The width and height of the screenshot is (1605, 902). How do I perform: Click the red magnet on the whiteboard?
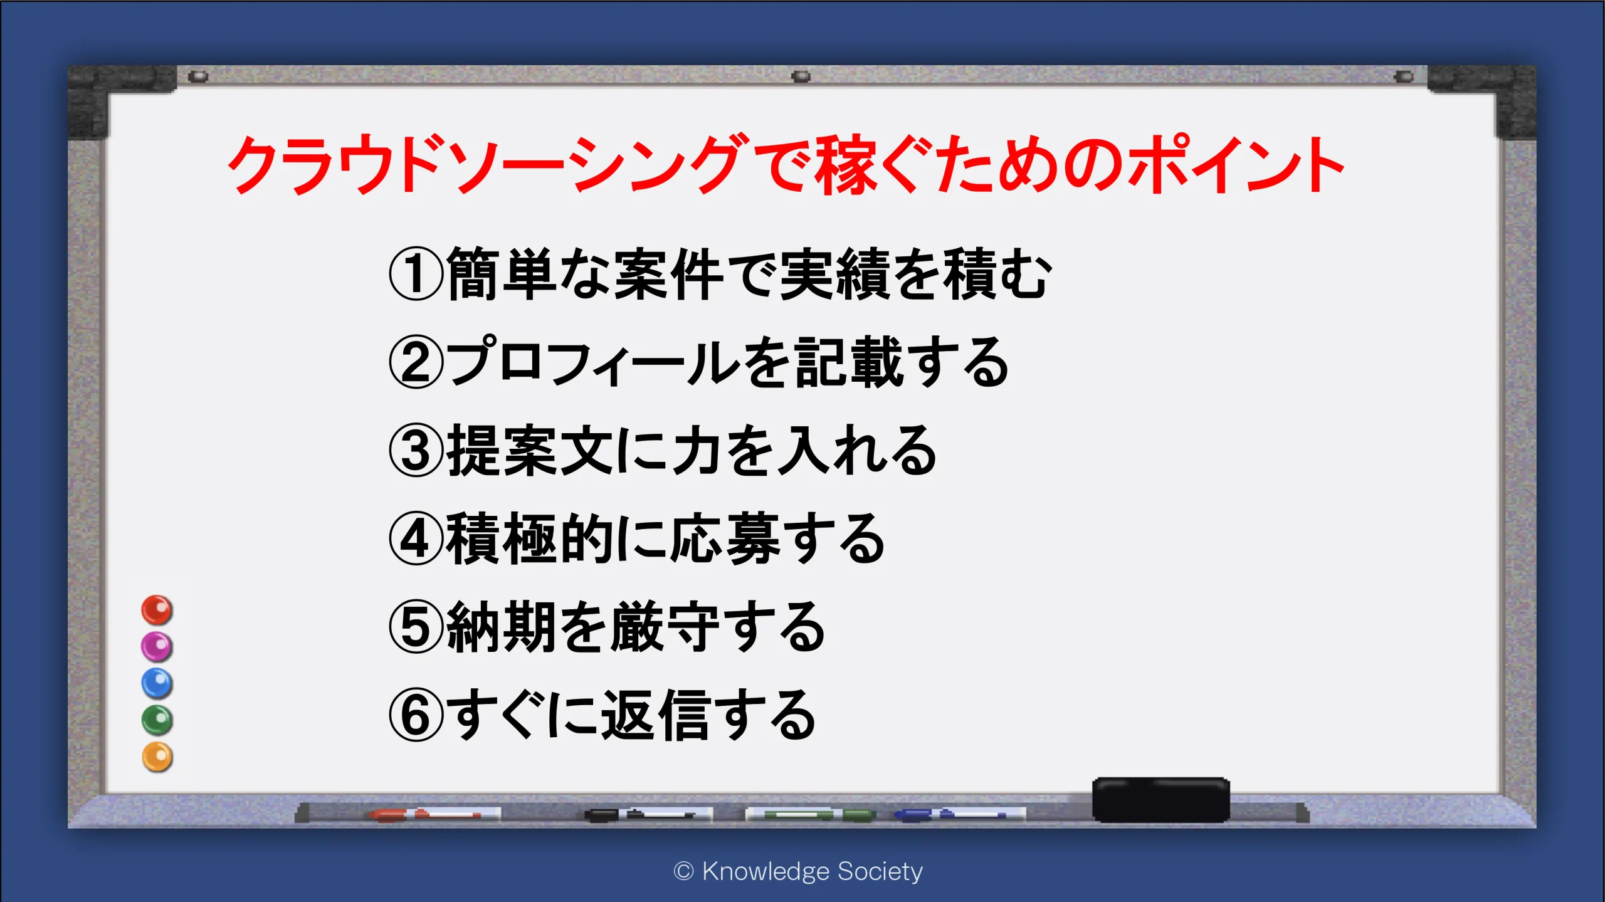coord(157,610)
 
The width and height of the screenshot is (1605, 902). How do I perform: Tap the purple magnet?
coord(157,646)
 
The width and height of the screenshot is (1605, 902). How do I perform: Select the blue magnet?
coord(157,683)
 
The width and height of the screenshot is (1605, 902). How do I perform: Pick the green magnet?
coord(157,720)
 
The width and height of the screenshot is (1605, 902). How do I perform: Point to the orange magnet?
coord(157,757)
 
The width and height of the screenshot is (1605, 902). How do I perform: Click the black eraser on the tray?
coord(1161,800)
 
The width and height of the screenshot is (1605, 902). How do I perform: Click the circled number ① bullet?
coord(416,274)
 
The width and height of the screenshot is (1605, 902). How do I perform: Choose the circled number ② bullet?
coord(416,362)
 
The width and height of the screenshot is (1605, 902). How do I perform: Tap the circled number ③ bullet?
coord(416,449)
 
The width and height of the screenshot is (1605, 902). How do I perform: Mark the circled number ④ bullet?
coord(416,538)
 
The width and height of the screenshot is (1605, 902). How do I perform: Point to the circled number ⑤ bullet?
coord(416,626)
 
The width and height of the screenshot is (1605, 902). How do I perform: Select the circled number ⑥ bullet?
coord(416,714)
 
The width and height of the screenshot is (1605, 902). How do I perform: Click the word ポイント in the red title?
coord(1235,164)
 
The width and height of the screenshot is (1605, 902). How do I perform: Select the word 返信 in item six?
coord(655,715)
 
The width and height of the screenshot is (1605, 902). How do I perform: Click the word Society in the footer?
coord(880,872)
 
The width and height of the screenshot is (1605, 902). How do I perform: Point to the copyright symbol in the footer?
coord(683,871)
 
